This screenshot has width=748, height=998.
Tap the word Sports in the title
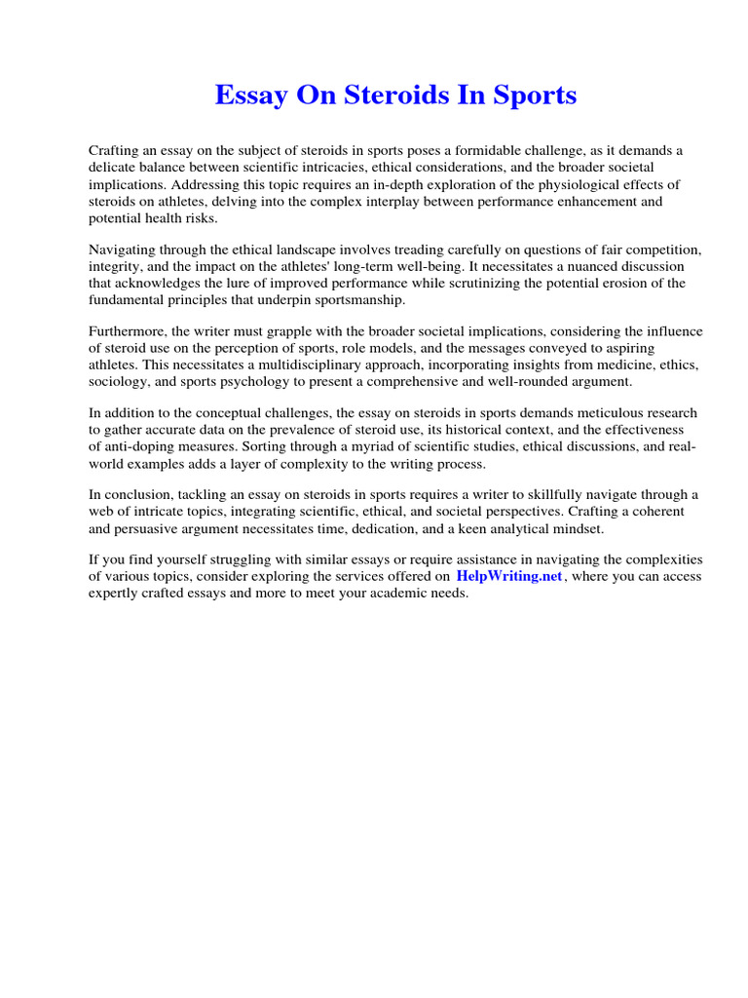(x=534, y=96)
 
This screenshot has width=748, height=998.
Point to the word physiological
(x=567, y=184)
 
